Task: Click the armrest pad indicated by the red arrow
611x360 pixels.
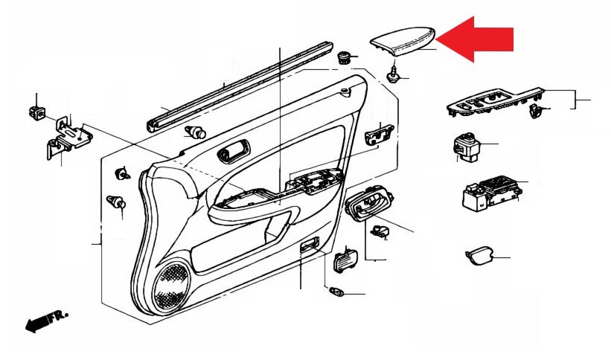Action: click(403, 41)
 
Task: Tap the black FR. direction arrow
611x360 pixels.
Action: click(46, 321)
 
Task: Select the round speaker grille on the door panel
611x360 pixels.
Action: click(171, 287)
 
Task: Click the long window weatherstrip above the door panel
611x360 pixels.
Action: click(240, 86)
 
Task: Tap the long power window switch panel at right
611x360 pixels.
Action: click(495, 103)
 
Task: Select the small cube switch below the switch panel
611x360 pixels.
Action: click(467, 147)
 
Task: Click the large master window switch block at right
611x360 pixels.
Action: click(491, 193)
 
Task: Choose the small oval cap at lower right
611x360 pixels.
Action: click(479, 255)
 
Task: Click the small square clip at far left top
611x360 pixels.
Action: click(37, 112)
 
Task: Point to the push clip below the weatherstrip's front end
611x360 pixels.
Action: click(195, 132)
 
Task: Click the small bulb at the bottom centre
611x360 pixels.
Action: click(336, 291)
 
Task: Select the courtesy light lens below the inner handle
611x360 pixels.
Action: click(345, 260)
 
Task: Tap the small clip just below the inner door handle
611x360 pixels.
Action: click(380, 231)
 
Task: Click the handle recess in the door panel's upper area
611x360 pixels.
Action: click(234, 151)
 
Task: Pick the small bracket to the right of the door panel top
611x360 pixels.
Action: click(379, 134)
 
